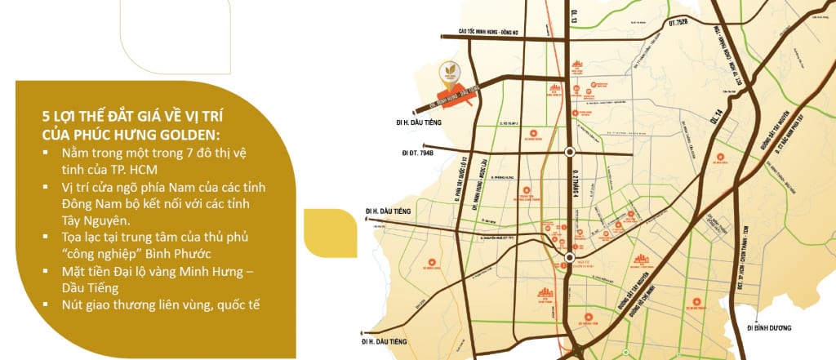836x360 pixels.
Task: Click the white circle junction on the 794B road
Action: (x=569, y=151)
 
